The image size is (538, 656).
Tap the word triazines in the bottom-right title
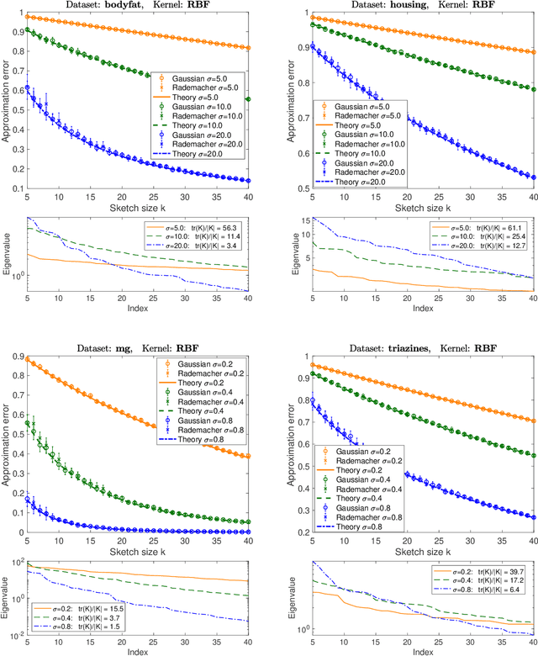point(396,344)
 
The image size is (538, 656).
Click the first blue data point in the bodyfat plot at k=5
point(27,87)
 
